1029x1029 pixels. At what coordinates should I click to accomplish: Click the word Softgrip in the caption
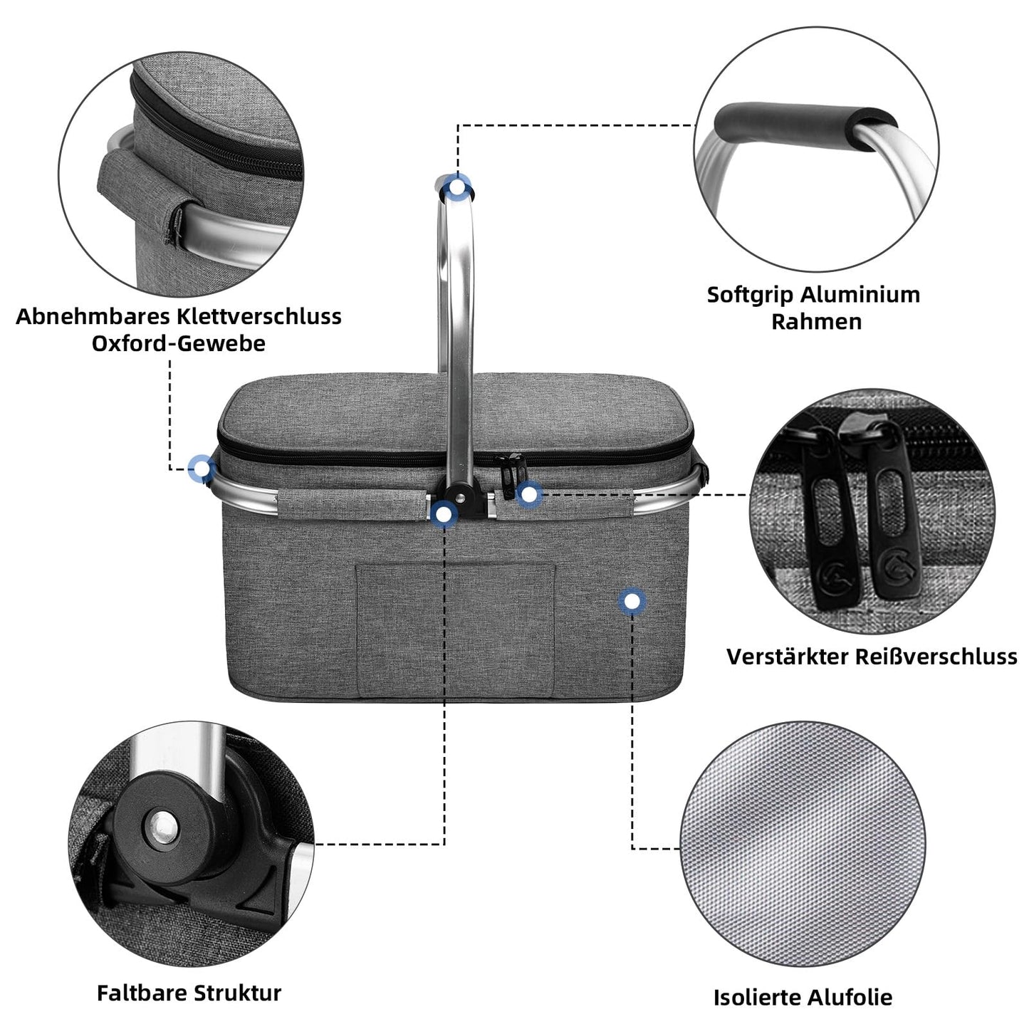click(x=750, y=295)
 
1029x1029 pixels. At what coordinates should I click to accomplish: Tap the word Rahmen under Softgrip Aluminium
click(x=816, y=322)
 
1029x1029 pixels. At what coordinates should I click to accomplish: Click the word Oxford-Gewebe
click(x=178, y=343)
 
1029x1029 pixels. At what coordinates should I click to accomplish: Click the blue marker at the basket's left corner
click(x=202, y=469)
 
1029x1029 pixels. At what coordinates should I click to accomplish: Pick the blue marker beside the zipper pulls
click(x=528, y=493)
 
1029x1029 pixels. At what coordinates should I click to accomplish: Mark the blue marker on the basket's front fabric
click(x=631, y=602)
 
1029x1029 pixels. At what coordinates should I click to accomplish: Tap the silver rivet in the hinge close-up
click(x=163, y=828)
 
